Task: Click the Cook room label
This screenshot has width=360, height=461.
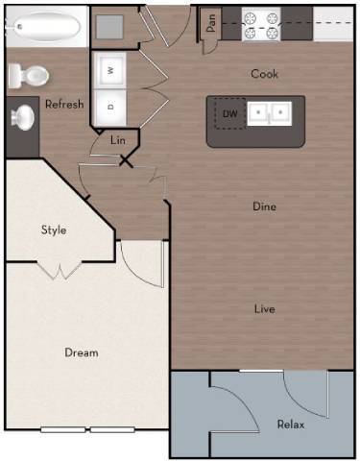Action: pos(265,74)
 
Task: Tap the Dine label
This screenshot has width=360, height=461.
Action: pos(265,206)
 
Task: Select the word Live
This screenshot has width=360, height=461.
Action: pos(265,308)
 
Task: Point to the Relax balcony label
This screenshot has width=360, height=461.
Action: pos(291,424)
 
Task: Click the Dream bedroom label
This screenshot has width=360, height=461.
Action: pos(82,352)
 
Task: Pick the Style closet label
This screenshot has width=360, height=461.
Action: pos(53,230)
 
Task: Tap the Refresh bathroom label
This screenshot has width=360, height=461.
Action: pos(63,105)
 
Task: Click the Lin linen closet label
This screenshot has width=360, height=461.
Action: pos(118,141)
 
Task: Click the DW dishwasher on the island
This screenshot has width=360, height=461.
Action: pos(229,114)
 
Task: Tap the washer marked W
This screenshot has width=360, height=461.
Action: pos(111,70)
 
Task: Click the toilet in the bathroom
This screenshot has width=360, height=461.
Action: pos(29,74)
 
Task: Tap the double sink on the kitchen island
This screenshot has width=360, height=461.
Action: pos(270,114)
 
